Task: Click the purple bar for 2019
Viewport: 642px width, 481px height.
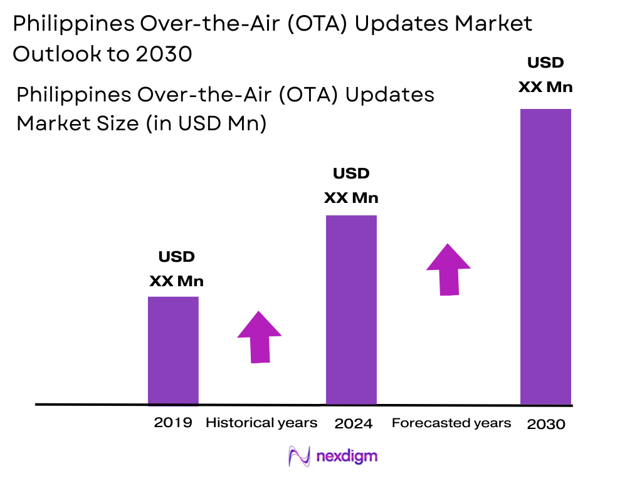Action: (x=173, y=351)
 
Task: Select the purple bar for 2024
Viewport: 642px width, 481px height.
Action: (x=351, y=310)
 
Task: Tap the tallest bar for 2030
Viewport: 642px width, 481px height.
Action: (x=545, y=257)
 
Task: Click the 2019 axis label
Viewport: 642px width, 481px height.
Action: (x=173, y=423)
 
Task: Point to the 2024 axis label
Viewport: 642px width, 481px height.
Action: (x=354, y=424)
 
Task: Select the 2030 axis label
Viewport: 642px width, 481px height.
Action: (x=546, y=424)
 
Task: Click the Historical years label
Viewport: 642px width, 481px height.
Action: (x=261, y=423)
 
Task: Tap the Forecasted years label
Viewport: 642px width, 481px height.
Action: (x=451, y=423)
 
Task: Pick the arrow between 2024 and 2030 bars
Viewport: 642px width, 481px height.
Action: (x=448, y=269)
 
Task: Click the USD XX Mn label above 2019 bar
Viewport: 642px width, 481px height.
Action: (x=176, y=269)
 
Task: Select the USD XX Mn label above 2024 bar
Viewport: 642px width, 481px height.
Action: (x=351, y=186)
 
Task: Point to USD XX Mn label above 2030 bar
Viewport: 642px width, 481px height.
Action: (x=545, y=75)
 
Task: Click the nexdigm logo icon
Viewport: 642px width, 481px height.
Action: (x=299, y=456)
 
